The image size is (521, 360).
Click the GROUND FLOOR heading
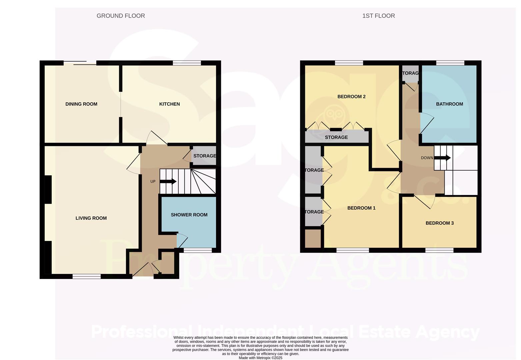click(121, 16)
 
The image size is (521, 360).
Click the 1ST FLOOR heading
click(378, 16)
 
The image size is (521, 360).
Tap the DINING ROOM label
click(81, 104)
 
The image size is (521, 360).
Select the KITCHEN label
click(169, 104)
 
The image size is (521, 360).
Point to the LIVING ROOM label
click(91, 218)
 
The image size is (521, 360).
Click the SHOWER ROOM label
click(189, 215)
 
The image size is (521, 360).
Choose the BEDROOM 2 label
click(351, 97)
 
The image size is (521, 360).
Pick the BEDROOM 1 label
click(361, 208)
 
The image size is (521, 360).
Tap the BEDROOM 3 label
click(439, 223)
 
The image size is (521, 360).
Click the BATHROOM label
click(449, 104)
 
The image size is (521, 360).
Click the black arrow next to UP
click(168, 182)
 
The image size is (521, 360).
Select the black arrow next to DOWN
click(443, 158)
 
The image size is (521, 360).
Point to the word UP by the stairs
click(153, 182)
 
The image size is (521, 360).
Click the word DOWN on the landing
click(427, 158)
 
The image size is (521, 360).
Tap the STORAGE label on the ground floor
click(204, 156)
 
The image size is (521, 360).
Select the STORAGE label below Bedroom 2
click(336, 137)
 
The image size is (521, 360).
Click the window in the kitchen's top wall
click(187, 63)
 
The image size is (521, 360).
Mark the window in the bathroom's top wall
click(450, 63)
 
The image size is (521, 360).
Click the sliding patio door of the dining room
click(80, 63)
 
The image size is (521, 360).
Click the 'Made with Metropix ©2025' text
click(260, 358)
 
